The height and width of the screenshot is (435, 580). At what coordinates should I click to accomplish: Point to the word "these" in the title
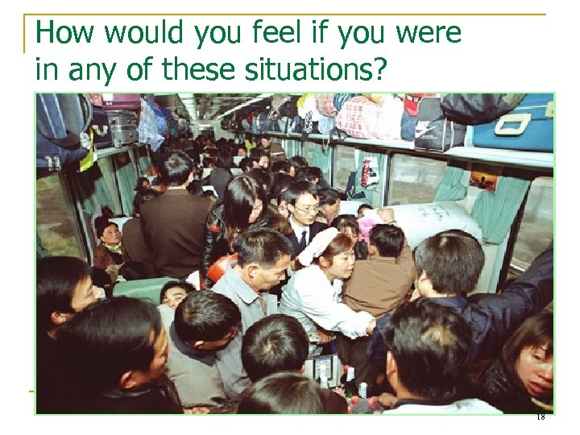pos(195,70)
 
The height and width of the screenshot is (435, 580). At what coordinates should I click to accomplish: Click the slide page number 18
pos(540,416)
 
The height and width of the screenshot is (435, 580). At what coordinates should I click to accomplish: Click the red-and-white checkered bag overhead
pos(358,118)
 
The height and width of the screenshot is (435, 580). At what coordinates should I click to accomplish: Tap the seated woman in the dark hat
pos(109,242)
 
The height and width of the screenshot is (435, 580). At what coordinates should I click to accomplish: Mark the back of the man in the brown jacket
pos(379,282)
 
